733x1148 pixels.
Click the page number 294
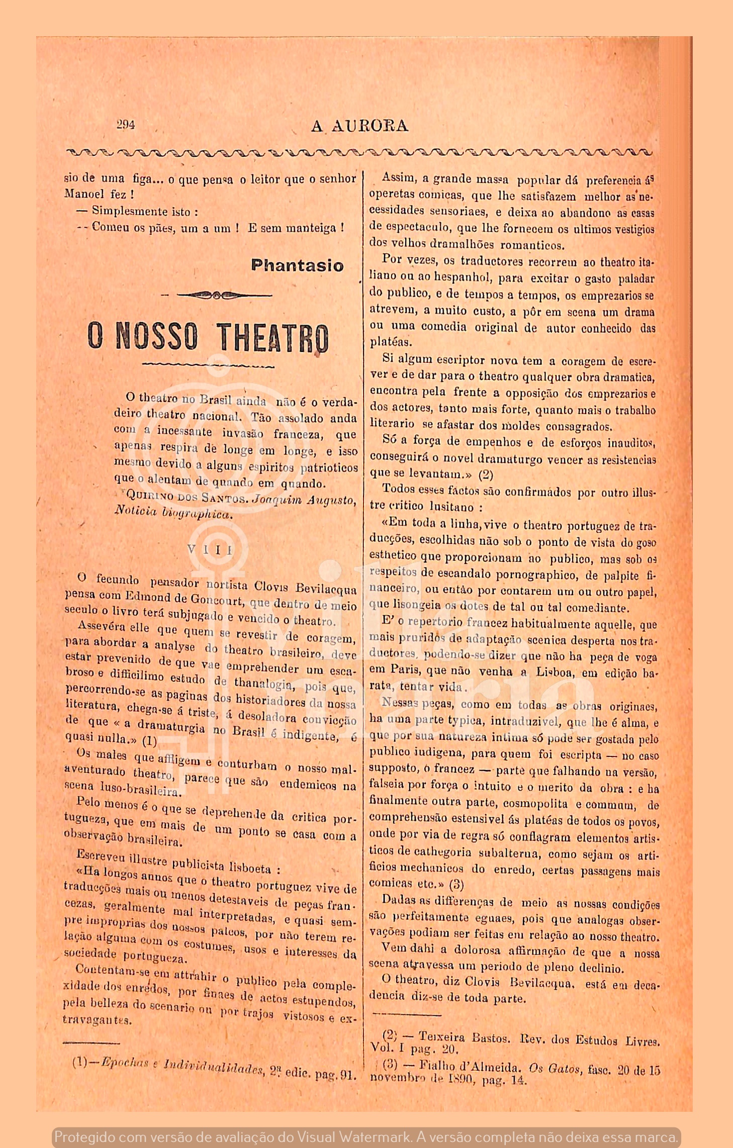tap(125, 125)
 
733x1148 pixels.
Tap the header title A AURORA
tap(359, 126)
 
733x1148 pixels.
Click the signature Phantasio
tap(297, 265)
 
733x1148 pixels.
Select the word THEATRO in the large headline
tap(273, 337)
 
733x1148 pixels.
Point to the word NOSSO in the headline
tap(157, 336)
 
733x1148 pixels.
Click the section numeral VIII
tap(210, 549)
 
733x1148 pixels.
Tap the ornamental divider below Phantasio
tap(217, 295)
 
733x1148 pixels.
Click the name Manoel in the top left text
tap(84, 194)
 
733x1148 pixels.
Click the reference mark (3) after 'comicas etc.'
tap(456, 884)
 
